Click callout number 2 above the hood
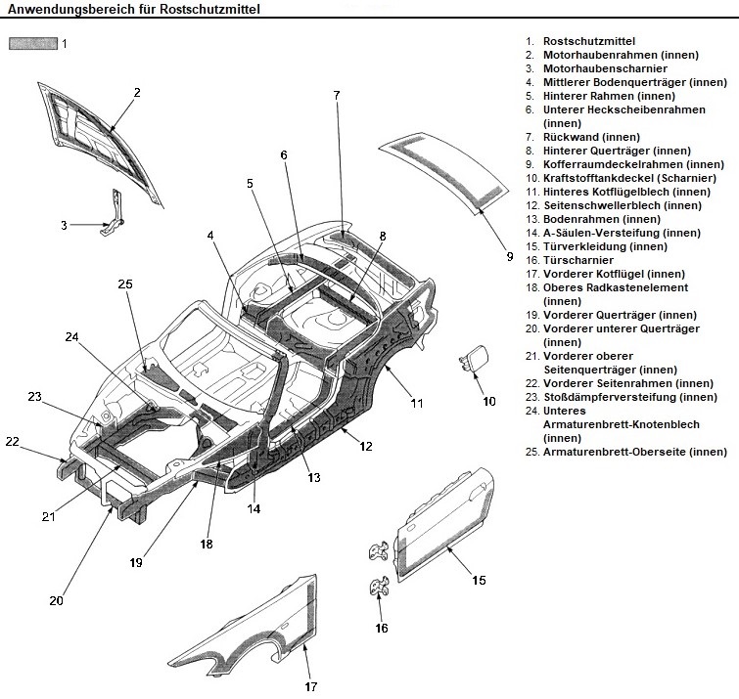click(x=137, y=93)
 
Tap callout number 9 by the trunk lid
click(x=509, y=257)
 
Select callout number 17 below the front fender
click(x=310, y=685)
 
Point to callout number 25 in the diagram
click(x=124, y=284)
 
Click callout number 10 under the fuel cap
click(x=489, y=401)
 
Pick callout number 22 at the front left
click(x=12, y=442)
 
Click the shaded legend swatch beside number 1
click(x=32, y=43)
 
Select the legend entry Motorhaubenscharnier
click(x=604, y=69)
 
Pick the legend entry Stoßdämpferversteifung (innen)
click(x=630, y=397)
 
